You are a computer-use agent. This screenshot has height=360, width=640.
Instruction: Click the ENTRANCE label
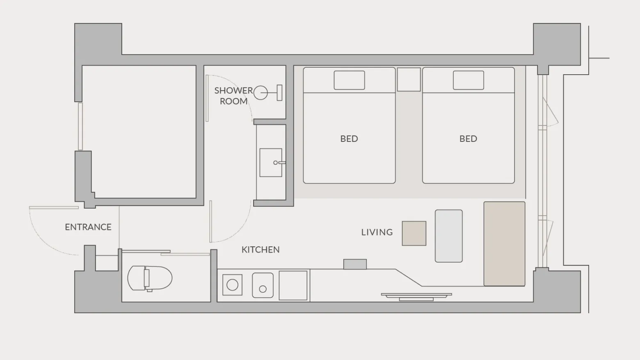click(x=88, y=227)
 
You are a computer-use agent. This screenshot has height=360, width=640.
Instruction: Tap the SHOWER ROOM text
click(x=234, y=96)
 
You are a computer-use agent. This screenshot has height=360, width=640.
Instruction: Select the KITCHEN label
click(x=261, y=250)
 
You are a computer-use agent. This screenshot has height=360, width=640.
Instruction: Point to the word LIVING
click(x=377, y=232)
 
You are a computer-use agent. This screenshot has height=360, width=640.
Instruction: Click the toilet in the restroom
click(x=150, y=278)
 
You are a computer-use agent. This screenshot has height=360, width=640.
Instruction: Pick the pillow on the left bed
click(x=349, y=80)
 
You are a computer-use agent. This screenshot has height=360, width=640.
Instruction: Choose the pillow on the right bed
click(x=468, y=80)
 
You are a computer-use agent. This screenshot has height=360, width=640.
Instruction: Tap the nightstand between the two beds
click(x=409, y=80)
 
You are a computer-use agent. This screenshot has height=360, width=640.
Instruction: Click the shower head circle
click(x=261, y=93)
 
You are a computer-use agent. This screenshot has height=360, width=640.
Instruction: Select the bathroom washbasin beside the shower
click(x=271, y=162)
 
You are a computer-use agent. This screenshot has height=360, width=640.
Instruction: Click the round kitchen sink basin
click(x=263, y=285)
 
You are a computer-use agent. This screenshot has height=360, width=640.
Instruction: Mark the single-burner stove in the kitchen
click(x=232, y=285)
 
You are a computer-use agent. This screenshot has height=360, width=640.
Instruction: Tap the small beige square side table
click(x=414, y=233)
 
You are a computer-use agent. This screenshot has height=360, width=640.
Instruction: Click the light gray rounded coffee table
click(x=448, y=236)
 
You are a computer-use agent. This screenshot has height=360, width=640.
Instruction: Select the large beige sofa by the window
click(x=504, y=244)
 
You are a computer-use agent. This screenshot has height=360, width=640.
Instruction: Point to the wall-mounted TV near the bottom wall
click(x=416, y=296)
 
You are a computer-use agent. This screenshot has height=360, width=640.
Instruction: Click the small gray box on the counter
click(x=355, y=264)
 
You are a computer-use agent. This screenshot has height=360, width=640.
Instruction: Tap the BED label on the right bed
click(x=468, y=139)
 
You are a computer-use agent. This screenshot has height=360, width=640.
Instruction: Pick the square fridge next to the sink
click(x=293, y=285)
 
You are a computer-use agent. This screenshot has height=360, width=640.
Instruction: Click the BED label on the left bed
click(x=349, y=139)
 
